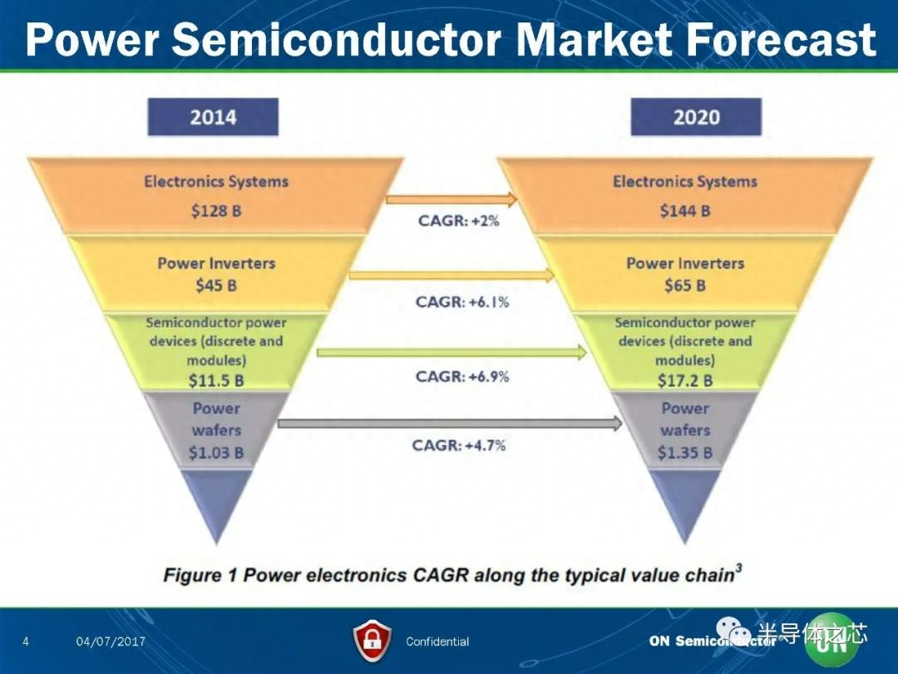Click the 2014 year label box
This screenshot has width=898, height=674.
[x=213, y=117]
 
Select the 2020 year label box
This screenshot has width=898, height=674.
[x=696, y=117]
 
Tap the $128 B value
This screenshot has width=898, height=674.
[x=216, y=211]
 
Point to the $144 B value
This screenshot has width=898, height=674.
[x=685, y=211]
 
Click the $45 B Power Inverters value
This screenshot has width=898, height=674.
[x=216, y=285]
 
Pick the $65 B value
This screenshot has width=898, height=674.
[x=685, y=285]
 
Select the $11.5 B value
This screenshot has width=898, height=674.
[x=216, y=380]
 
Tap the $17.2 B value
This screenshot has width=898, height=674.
[x=685, y=380]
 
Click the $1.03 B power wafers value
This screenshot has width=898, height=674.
[x=216, y=453]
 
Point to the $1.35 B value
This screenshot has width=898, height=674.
[x=685, y=453]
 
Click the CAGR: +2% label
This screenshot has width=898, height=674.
[x=459, y=221]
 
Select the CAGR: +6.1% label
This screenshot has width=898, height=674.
[x=462, y=301]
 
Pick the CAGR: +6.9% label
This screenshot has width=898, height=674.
[x=462, y=377]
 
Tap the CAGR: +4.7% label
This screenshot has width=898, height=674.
[x=459, y=445]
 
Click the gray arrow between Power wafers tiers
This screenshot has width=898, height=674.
[x=450, y=424]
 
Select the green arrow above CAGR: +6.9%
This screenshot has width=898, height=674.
[x=451, y=352]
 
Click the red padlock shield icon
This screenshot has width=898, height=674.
[x=373, y=641]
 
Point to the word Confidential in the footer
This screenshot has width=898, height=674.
[x=437, y=642]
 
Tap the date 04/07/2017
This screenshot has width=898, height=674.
[x=111, y=642]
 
